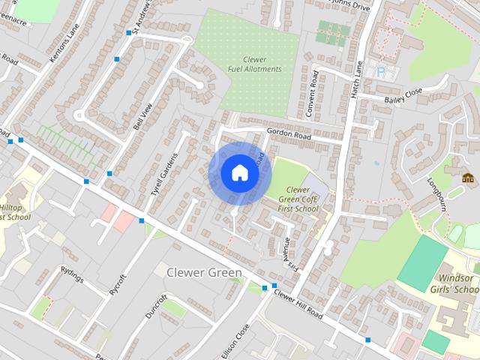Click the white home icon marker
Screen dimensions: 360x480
point(239,173)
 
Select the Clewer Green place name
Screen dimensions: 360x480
point(204,272)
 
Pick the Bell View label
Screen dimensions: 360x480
point(142,116)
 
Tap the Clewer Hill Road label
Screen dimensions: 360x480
point(298,304)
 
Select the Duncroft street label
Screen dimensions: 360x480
point(157,305)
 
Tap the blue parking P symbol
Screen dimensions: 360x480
point(381,71)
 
